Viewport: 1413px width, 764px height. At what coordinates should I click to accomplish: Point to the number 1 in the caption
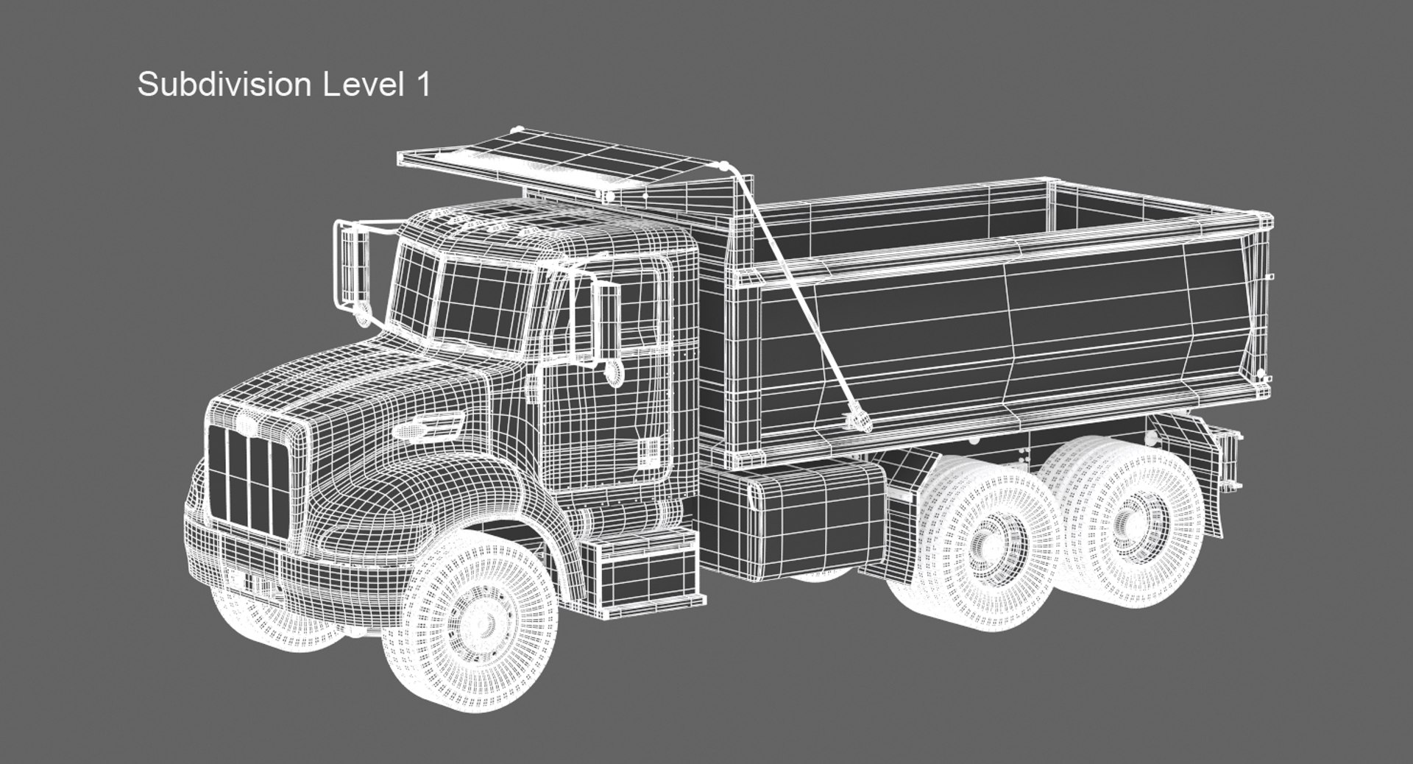pyautogui.click(x=422, y=85)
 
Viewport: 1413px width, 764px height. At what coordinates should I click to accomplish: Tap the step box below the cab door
pyautogui.click(x=648, y=574)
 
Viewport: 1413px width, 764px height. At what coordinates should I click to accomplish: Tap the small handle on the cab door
pyautogui.click(x=651, y=451)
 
